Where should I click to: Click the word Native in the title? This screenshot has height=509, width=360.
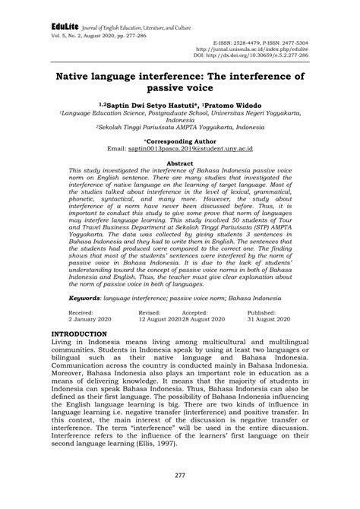[x=77, y=77]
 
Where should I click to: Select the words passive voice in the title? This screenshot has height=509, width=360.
[x=181, y=89]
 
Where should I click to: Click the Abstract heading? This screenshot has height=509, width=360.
[x=180, y=163]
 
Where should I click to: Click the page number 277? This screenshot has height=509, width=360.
[x=180, y=476]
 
